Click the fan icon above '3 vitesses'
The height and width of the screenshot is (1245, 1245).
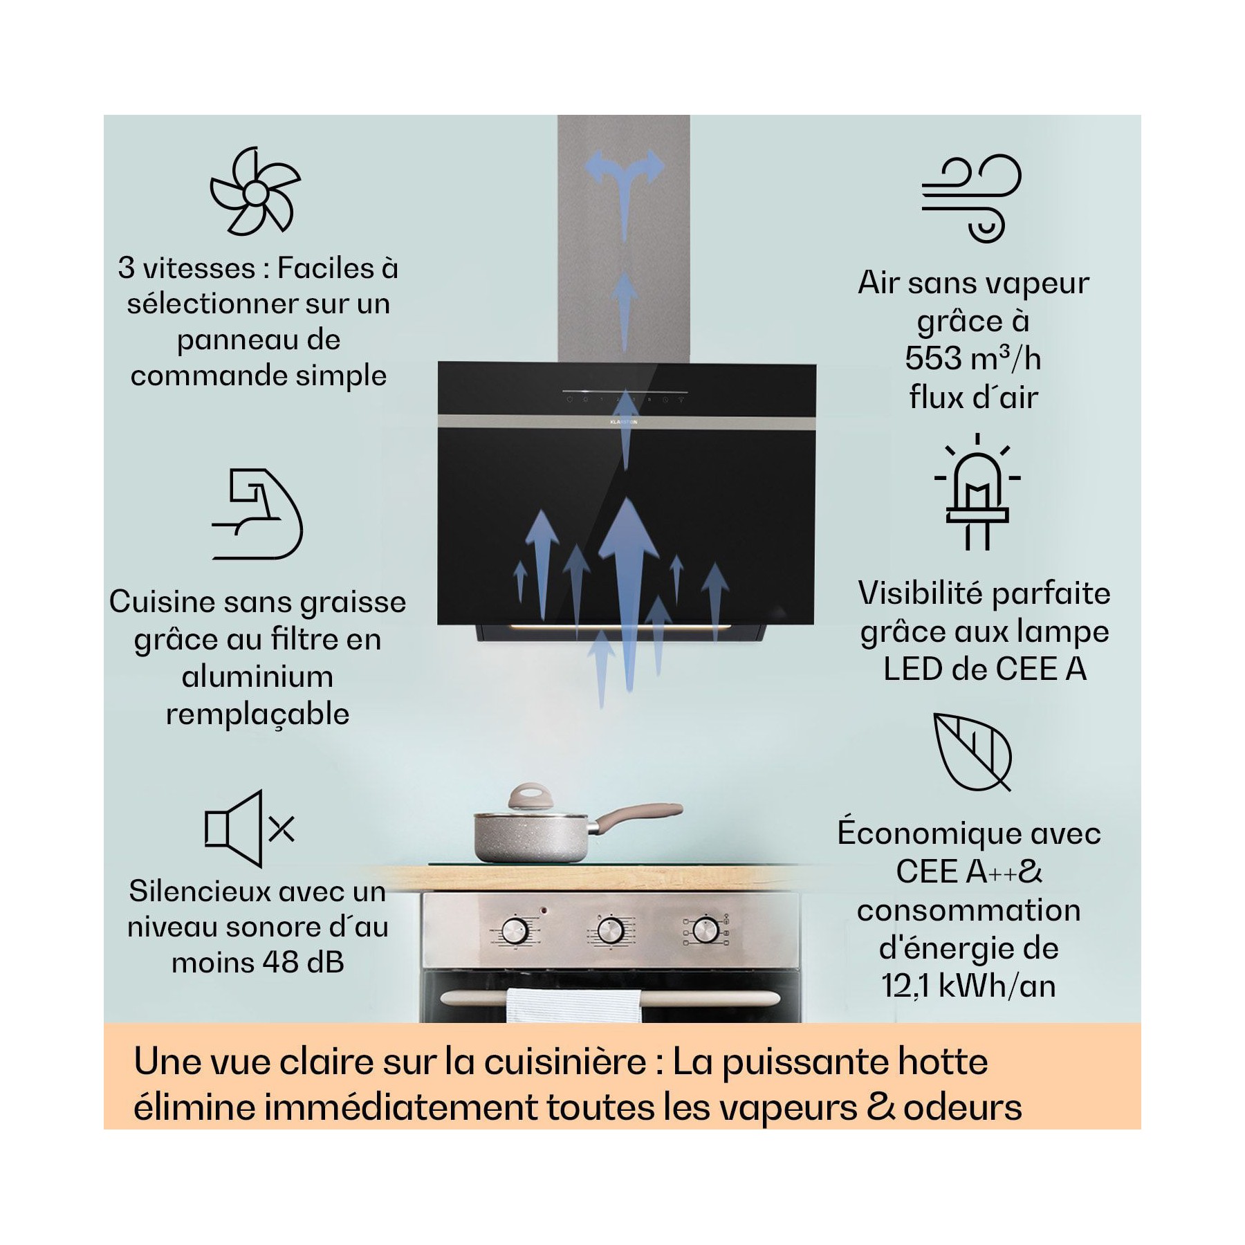255,191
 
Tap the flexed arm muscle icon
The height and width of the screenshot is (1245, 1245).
257,514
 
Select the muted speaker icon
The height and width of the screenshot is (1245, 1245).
250,829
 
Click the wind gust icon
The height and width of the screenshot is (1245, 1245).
971,199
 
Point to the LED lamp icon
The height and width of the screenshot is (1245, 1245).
977,492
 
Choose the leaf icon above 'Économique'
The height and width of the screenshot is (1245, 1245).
972,752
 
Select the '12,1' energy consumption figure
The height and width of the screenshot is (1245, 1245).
904,986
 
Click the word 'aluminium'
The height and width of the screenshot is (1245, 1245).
257,676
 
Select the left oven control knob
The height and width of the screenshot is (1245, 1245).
515,931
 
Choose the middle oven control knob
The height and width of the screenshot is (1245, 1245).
611,930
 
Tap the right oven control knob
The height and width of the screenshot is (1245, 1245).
705,930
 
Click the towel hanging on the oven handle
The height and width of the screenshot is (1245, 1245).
574,1006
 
